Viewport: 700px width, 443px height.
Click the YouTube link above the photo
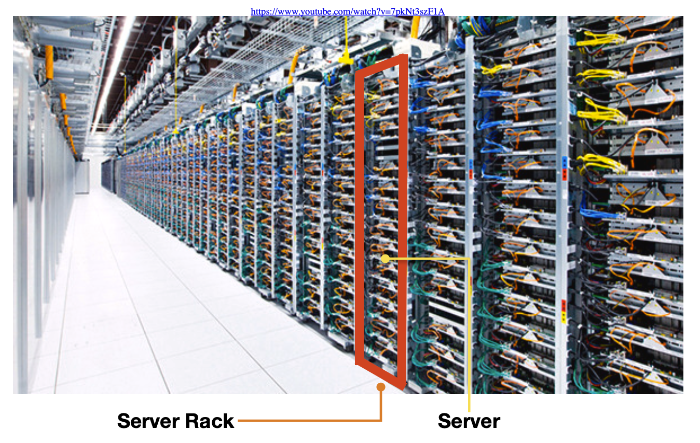pos(348,11)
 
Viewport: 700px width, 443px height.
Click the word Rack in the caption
pos(210,421)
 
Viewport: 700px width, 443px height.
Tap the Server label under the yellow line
pos(469,421)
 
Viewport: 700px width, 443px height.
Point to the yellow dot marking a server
pos(385,258)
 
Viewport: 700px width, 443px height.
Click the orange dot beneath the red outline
pos(381,386)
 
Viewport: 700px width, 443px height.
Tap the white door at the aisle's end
pos(82,177)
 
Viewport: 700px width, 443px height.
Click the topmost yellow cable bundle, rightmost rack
pos(601,39)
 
